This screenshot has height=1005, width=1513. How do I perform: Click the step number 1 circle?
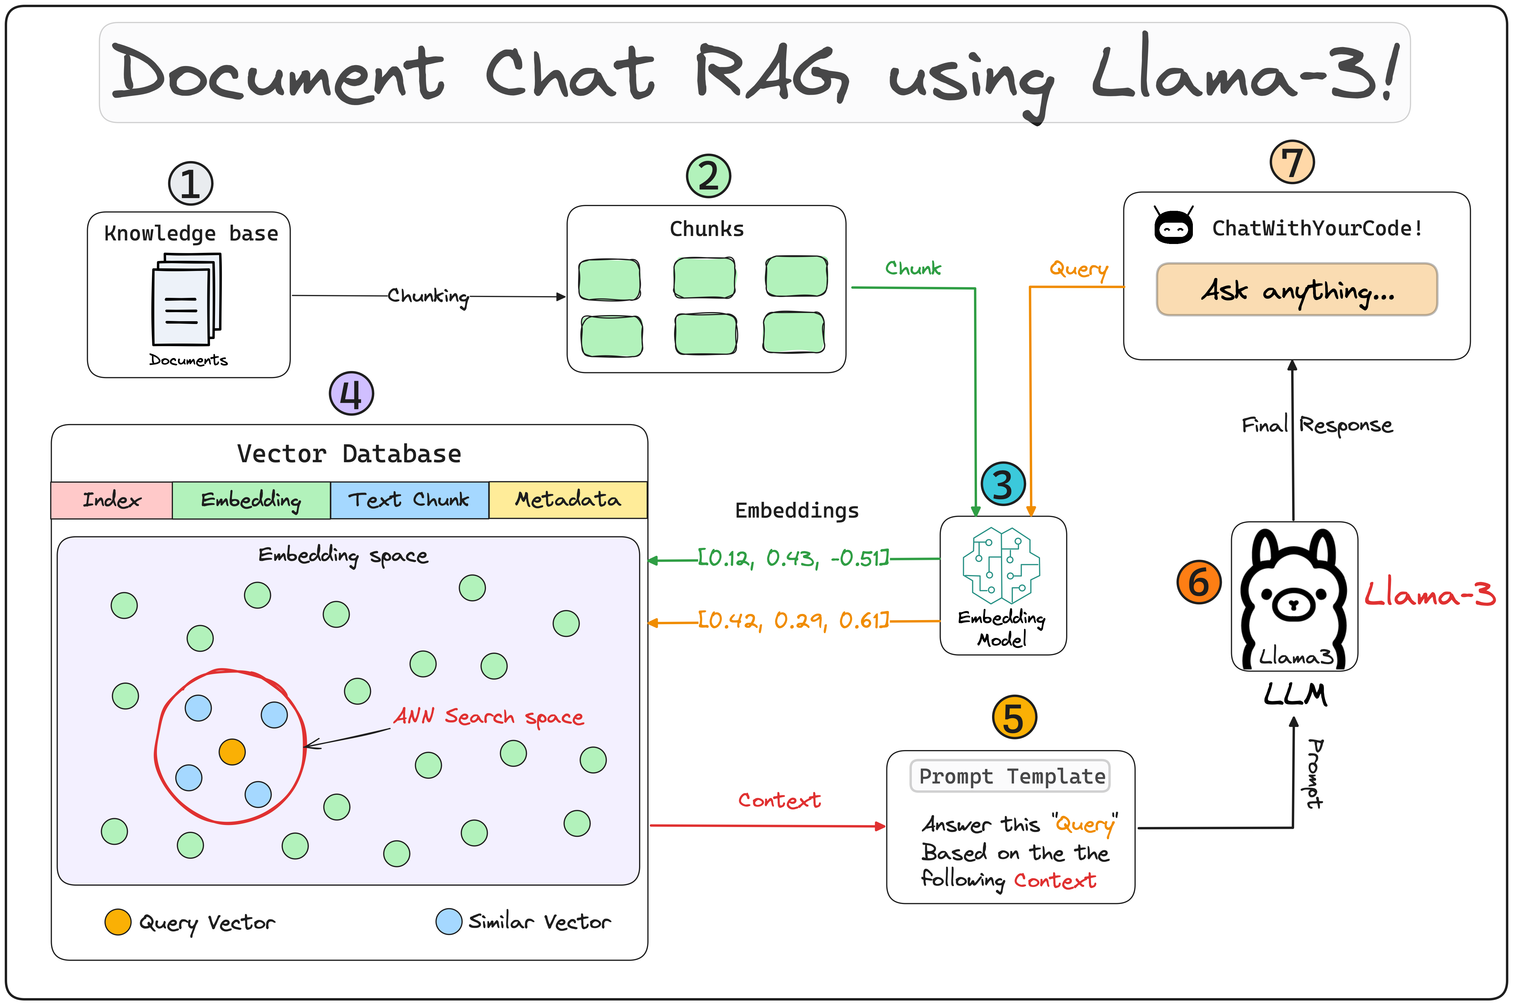coord(190,184)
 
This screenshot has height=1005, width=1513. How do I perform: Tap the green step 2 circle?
coord(708,176)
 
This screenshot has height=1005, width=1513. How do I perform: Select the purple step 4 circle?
coord(351,394)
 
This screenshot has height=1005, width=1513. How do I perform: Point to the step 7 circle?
coord(1292,162)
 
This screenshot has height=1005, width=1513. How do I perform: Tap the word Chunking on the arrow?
coord(428,296)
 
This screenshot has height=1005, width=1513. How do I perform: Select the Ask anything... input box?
coord(1297,290)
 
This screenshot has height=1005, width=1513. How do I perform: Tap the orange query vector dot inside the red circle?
coord(232,752)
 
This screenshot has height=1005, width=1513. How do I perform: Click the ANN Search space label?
coord(488,717)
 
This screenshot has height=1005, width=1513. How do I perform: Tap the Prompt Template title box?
coord(1010,776)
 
